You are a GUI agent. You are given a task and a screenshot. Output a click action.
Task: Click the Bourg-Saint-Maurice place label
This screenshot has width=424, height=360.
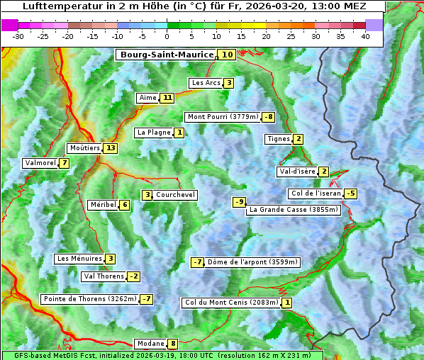point(167,55)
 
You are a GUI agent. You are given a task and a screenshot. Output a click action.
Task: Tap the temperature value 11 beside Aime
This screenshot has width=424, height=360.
point(167,98)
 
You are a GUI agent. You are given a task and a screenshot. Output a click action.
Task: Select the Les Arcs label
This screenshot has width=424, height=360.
point(206,83)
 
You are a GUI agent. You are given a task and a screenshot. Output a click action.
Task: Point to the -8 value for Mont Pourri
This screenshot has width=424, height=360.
point(268,117)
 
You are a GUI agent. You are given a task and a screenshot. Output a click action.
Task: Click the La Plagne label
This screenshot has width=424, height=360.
point(151,133)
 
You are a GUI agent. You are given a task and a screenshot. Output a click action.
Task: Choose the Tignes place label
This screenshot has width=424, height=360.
point(279,139)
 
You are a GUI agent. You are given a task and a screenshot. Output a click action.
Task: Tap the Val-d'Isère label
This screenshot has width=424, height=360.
point(297,171)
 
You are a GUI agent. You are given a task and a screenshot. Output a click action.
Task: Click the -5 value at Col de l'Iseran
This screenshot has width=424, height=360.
point(350,193)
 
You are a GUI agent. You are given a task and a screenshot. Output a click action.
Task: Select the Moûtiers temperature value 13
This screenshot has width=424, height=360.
point(110,148)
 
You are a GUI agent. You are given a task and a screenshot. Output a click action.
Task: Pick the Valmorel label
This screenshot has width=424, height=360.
point(40,163)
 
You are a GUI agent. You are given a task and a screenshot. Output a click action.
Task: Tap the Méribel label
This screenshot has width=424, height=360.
point(103,205)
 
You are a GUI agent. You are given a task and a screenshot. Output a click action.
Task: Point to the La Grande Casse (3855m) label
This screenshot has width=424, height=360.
point(294,210)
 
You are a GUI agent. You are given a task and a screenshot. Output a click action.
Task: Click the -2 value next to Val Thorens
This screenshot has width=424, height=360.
point(133,276)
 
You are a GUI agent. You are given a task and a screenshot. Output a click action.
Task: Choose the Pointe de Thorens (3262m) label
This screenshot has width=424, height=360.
point(89,299)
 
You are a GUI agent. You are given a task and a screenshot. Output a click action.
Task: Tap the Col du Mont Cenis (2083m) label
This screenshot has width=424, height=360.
point(231,303)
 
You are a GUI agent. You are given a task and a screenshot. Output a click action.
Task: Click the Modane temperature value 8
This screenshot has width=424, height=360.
point(172,344)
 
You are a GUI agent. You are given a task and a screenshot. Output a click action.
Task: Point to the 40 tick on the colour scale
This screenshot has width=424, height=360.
point(365,35)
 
